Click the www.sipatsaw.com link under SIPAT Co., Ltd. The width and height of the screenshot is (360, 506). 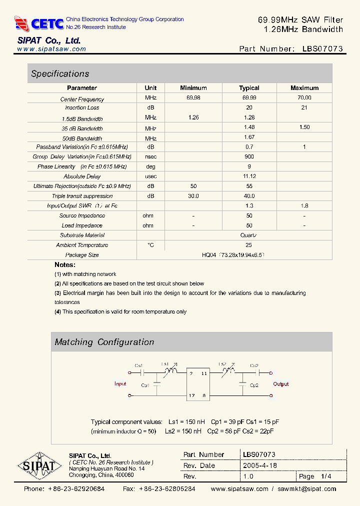tap(51, 49)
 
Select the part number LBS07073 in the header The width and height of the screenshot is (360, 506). tap(322, 49)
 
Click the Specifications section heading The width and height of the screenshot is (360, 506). tap(60, 74)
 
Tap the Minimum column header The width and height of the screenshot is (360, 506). tap(193, 88)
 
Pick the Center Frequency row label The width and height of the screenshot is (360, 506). tap(82, 99)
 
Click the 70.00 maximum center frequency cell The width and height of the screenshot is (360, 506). tap(304, 98)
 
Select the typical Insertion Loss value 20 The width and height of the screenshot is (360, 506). tap(249, 107)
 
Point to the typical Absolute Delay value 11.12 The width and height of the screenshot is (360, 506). tap(249, 176)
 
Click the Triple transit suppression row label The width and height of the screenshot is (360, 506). tap(82, 196)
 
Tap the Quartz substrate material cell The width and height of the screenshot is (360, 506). tap(249, 235)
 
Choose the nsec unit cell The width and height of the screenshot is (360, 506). tap(150, 157)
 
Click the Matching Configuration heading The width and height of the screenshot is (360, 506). tap(104, 342)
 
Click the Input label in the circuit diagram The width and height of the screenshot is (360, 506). tap(120, 384)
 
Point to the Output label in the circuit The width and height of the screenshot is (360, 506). tap(281, 384)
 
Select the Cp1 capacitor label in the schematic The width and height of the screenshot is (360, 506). tap(145, 385)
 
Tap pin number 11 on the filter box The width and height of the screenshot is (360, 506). tap(204, 373)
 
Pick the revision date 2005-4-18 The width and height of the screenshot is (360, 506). tap(259, 465)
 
